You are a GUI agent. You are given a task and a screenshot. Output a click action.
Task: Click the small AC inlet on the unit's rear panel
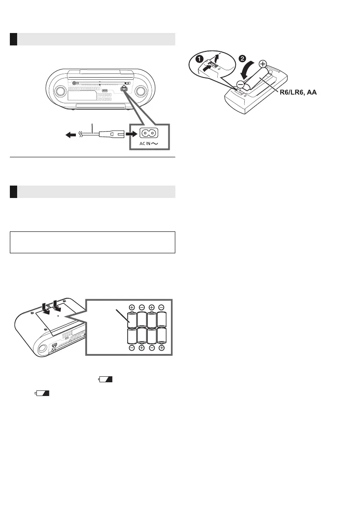click(124, 89)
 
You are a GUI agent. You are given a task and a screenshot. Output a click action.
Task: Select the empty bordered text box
click(93, 243)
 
